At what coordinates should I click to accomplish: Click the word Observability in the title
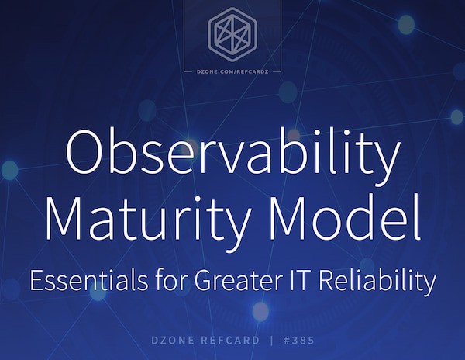coord(232,153)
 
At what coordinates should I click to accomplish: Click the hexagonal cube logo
coord(232,36)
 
